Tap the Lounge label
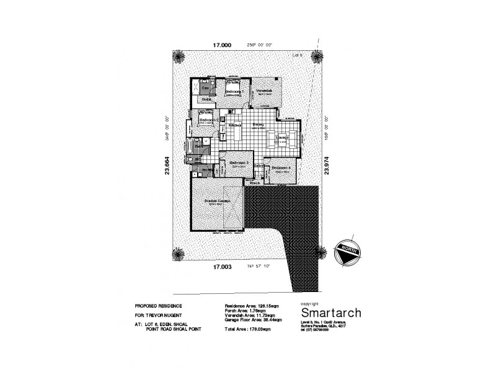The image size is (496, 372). click(274, 137)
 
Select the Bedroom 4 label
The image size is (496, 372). click(281, 167)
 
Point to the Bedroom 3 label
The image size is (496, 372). click(239, 163)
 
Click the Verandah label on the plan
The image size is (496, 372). click(264, 90)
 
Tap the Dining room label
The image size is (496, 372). click(259, 125)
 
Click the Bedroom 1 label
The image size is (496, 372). click(234, 92)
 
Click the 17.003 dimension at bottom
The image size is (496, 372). click(223, 268)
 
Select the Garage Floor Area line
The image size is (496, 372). click(254, 319)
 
